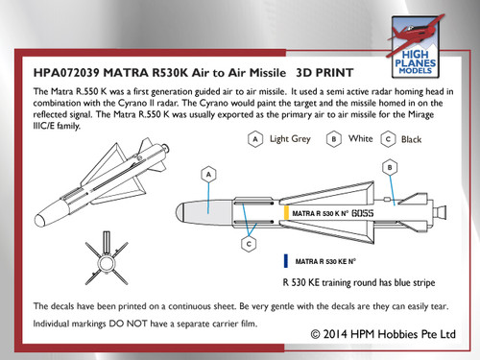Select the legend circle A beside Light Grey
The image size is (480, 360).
(x=255, y=140)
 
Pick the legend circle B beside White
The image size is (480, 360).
(x=334, y=140)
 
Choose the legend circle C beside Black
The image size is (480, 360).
(x=388, y=140)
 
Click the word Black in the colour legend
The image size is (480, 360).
(x=411, y=140)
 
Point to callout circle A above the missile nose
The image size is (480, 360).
(x=205, y=175)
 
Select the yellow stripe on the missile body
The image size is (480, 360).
(x=285, y=211)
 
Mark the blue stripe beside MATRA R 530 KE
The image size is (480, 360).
(x=285, y=260)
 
